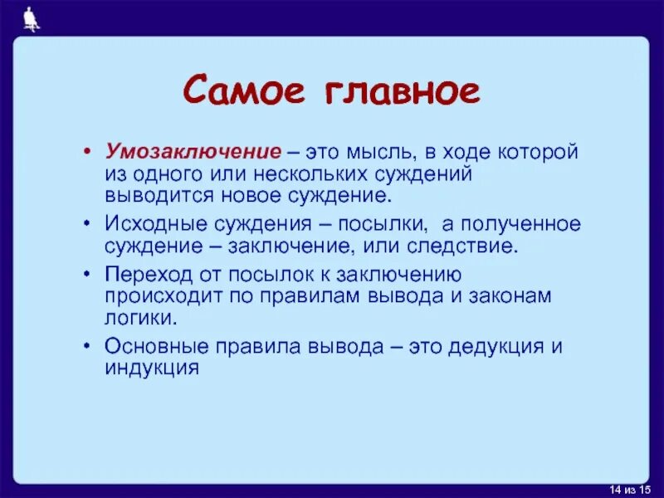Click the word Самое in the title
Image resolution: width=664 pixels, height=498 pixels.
pos(244,91)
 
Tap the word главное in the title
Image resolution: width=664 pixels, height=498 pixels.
pos(397,91)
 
